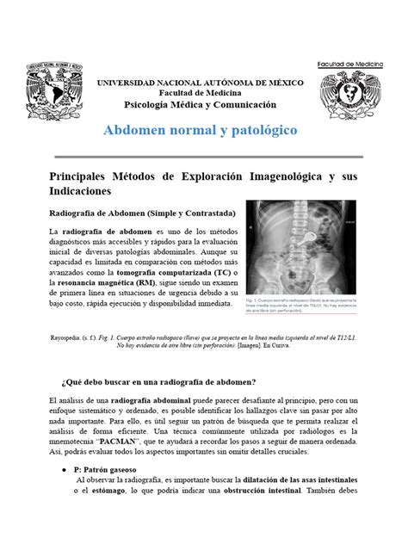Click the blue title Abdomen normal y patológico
(200, 131)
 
